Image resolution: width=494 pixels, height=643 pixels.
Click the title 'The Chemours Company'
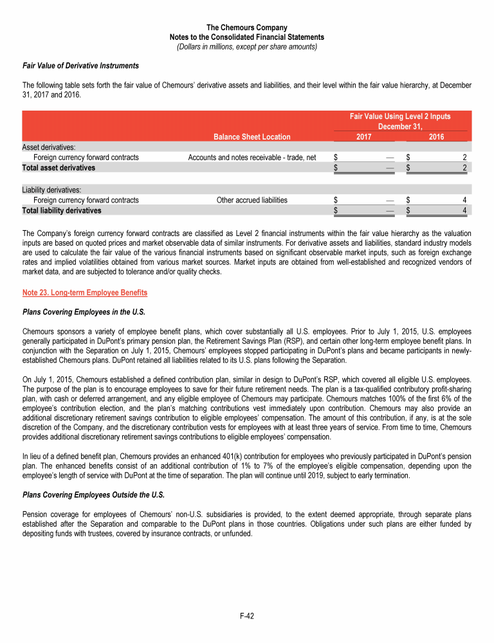pos(246,28)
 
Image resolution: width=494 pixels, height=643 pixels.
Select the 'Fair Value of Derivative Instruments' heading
pos(80,66)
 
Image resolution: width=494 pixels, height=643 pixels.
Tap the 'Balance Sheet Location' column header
pos(252,136)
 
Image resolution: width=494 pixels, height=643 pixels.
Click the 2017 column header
pos(363,137)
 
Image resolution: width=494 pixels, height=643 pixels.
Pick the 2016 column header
pos(435,137)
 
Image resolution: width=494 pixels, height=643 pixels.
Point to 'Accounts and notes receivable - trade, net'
pos(252,157)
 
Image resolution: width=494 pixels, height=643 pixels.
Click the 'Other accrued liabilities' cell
pos(252,200)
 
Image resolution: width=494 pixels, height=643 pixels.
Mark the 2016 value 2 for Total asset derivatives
pos(464,168)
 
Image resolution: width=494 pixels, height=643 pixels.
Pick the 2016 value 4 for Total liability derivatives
pos(464,210)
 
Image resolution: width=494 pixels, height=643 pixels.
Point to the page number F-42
pos(246,616)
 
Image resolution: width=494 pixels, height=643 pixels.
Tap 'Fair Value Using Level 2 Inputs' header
pos(399,116)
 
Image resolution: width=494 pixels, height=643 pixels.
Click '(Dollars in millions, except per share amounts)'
pos(246,46)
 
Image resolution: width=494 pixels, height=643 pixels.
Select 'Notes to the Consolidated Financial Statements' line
pos(246,37)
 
